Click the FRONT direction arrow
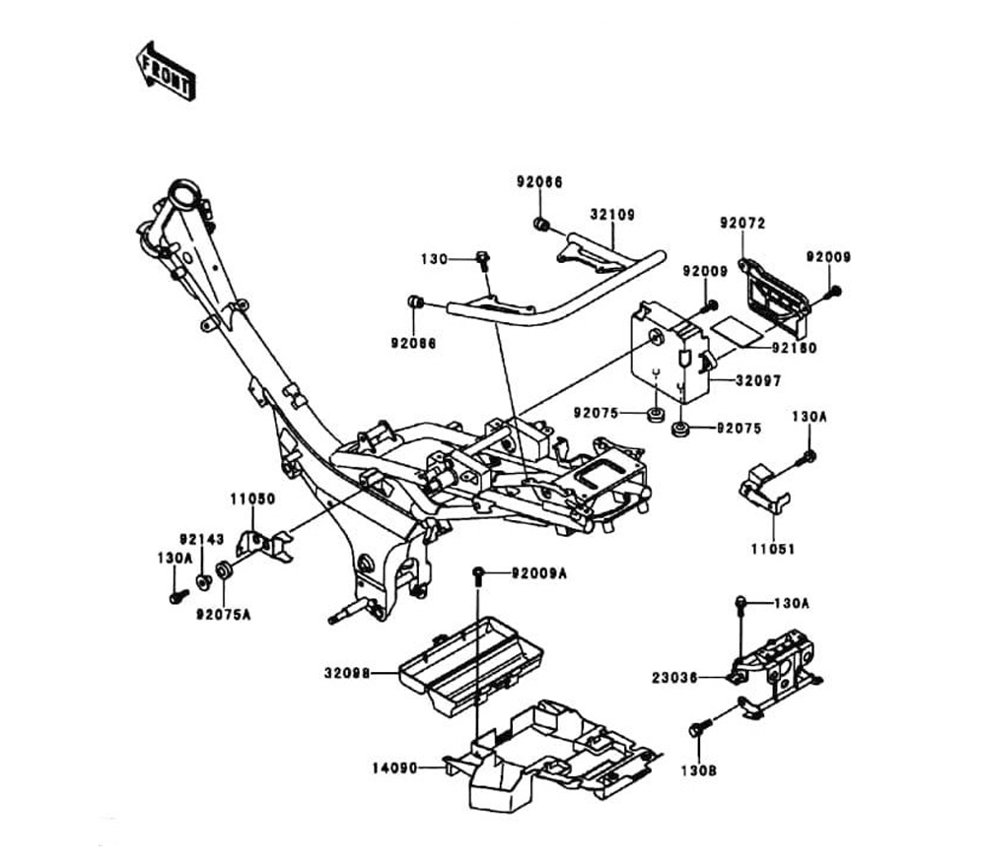166,71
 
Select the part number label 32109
612,213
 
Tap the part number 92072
741,224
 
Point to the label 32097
756,379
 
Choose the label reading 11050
252,500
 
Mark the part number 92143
201,539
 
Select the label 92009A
538,572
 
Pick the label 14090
398,765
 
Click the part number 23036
675,678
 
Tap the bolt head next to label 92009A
479,572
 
